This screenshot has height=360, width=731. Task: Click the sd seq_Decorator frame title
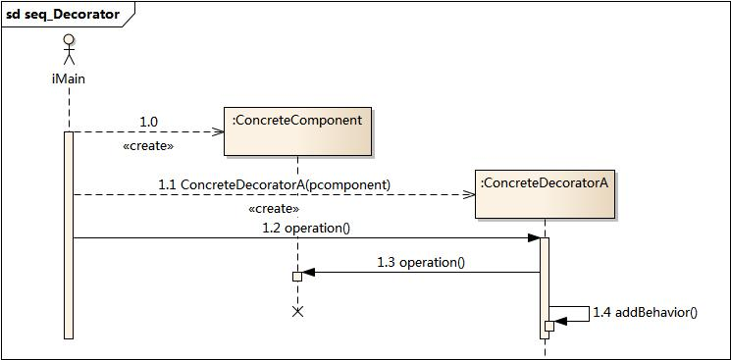pyautogui.click(x=63, y=14)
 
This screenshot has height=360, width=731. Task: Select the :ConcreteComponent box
pyautogui.click(x=297, y=131)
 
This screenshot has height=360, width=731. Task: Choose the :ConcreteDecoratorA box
pyautogui.click(x=545, y=194)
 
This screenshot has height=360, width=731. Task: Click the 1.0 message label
pyautogui.click(x=149, y=121)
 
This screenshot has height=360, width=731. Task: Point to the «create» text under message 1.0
pyautogui.click(x=149, y=145)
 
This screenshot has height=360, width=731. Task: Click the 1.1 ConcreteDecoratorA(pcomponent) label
pyautogui.click(x=274, y=184)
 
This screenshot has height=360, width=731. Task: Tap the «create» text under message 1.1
pyautogui.click(x=274, y=209)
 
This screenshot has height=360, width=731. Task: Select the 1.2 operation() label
pyautogui.click(x=306, y=228)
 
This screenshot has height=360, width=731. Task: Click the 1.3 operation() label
pyautogui.click(x=420, y=262)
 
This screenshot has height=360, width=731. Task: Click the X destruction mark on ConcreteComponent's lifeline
pyautogui.click(x=298, y=311)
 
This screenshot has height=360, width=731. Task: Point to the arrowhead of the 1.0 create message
pyautogui.click(x=219, y=131)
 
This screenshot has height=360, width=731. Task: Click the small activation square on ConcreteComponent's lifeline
pyautogui.click(x=297, y=277)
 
